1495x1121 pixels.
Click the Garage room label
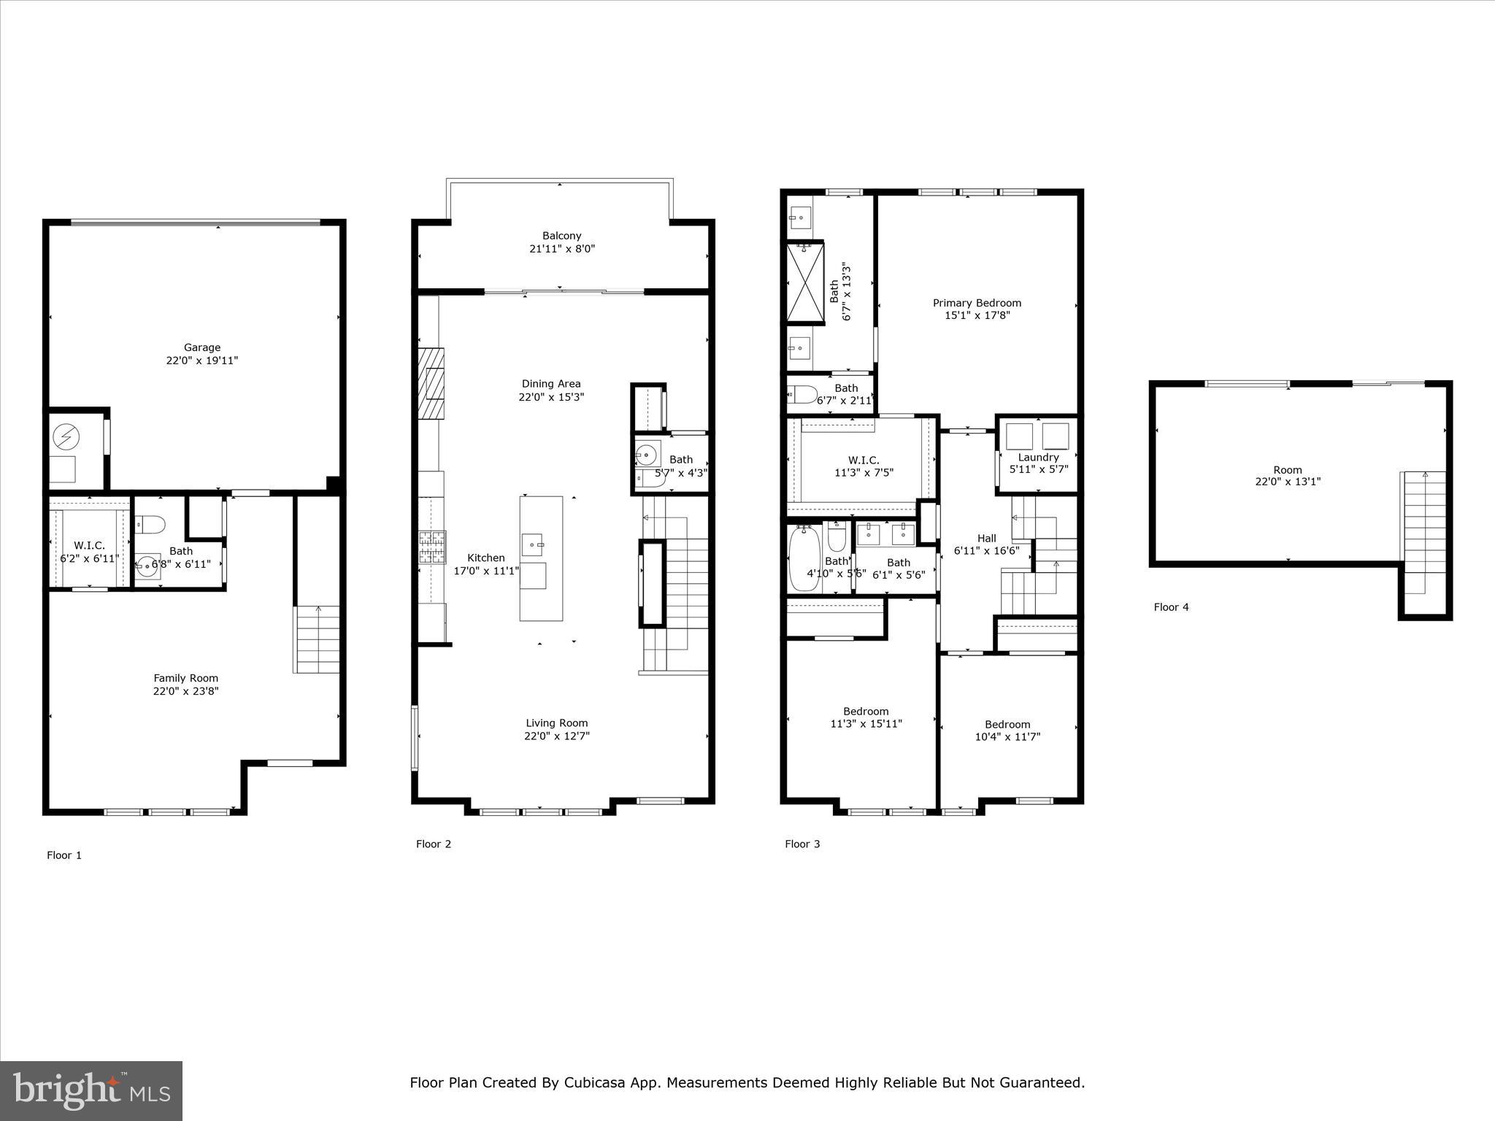(x=201, y=348)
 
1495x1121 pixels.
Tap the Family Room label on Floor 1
(x=185, y=678)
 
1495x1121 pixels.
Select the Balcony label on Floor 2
(x=561, y=236)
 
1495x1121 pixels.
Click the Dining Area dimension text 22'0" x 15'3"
(x=551, y=397)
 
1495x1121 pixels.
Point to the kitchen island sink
(x=532, y=544)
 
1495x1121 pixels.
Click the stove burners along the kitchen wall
(x=431, y=547)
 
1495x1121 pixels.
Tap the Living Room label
(x=556, y=723)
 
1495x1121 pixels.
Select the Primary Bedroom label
(x=977, y=303)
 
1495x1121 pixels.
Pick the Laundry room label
(x=1038, y=458)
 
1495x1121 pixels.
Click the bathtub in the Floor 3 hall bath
(x=804, y=560)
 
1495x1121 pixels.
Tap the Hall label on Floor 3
(x=986, y=539)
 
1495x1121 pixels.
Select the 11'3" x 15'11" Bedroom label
(x=866, y=712)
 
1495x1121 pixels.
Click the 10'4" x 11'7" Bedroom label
(x=1007, y=725)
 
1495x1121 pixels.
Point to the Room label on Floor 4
(x=1287, y=470)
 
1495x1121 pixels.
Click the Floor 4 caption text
(x=1171, y=607)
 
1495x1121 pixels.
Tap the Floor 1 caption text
(x=64, y=855)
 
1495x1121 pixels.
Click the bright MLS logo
(x=91, y=1090)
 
